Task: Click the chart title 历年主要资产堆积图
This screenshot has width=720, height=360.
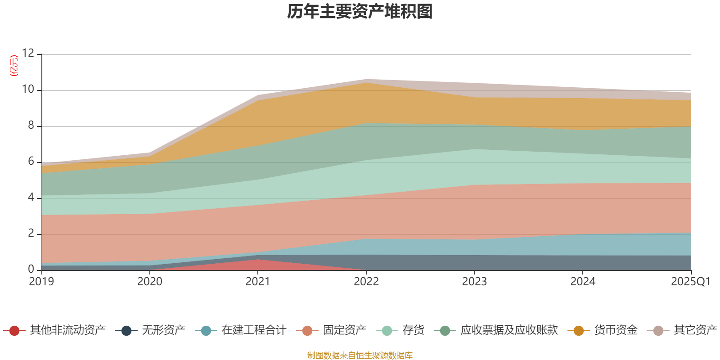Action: (360, 12)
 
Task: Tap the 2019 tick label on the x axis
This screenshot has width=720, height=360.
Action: (41, 282)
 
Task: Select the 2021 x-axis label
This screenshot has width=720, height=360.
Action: (258, 282)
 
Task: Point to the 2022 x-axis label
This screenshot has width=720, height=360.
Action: (366, 282)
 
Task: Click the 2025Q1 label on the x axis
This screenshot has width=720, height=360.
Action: (690, 282)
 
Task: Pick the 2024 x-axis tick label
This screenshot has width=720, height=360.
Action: (583, 282)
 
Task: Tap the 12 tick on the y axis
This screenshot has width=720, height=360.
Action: (28, 54)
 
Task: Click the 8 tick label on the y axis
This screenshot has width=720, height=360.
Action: (31, 126)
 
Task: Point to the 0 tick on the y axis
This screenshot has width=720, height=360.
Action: (31, 269)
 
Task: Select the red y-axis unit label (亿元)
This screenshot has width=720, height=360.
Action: (14, 66)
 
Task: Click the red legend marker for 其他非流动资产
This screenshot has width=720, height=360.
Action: (14, 331)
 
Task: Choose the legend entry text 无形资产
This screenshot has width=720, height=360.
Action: (164, 330)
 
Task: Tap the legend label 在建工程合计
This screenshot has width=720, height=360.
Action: (254, 330)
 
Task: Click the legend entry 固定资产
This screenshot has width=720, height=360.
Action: (345, 330)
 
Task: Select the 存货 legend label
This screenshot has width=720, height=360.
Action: (414, 330)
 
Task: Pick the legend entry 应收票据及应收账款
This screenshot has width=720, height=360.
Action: (509, 330)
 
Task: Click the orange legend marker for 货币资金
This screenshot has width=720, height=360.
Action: (579, 331)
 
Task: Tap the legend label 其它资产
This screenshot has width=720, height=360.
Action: (695, 330)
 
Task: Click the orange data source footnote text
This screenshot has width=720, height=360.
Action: (360, 355)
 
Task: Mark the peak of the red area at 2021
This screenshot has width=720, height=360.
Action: (258, 260)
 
